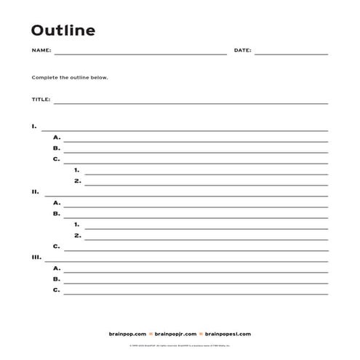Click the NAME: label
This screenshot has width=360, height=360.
point(41,51)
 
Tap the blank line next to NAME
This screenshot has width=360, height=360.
point(140,54)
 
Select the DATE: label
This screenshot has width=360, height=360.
point(242,51)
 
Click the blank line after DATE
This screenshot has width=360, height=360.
point(291,54)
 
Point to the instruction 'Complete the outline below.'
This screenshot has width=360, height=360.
point(70,77)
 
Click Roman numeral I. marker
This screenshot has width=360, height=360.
point(34,127)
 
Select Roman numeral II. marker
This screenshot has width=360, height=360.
point(35,192)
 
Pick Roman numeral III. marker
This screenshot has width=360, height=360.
point(36,257)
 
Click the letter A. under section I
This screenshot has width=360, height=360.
point(56,137)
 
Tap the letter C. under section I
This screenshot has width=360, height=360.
point(56,159)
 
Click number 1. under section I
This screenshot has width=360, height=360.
point(77,170)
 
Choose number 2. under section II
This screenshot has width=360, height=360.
point(77,236)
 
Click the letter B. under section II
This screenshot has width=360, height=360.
point(56,214)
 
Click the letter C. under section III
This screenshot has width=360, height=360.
point(56,290)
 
